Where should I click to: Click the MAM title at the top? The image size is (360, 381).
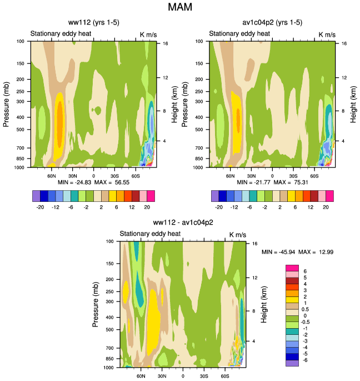pyautogui.click(x=179, y=8)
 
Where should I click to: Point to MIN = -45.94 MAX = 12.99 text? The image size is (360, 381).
pyautogui.click(x=297, y=252)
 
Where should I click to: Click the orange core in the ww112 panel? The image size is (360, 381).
pyautogui.click(x=61, y=120)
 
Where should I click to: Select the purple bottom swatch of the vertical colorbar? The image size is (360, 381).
pyautogui.click(x=292, y=363)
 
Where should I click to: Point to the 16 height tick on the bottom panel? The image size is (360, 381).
pyautogui.click(x=254, y=244)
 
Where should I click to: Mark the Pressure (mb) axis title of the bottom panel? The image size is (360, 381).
pyautogui.click(x=97, y=304)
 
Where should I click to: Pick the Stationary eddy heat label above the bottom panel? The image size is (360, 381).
pyautogui.click(x=151, y=234)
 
